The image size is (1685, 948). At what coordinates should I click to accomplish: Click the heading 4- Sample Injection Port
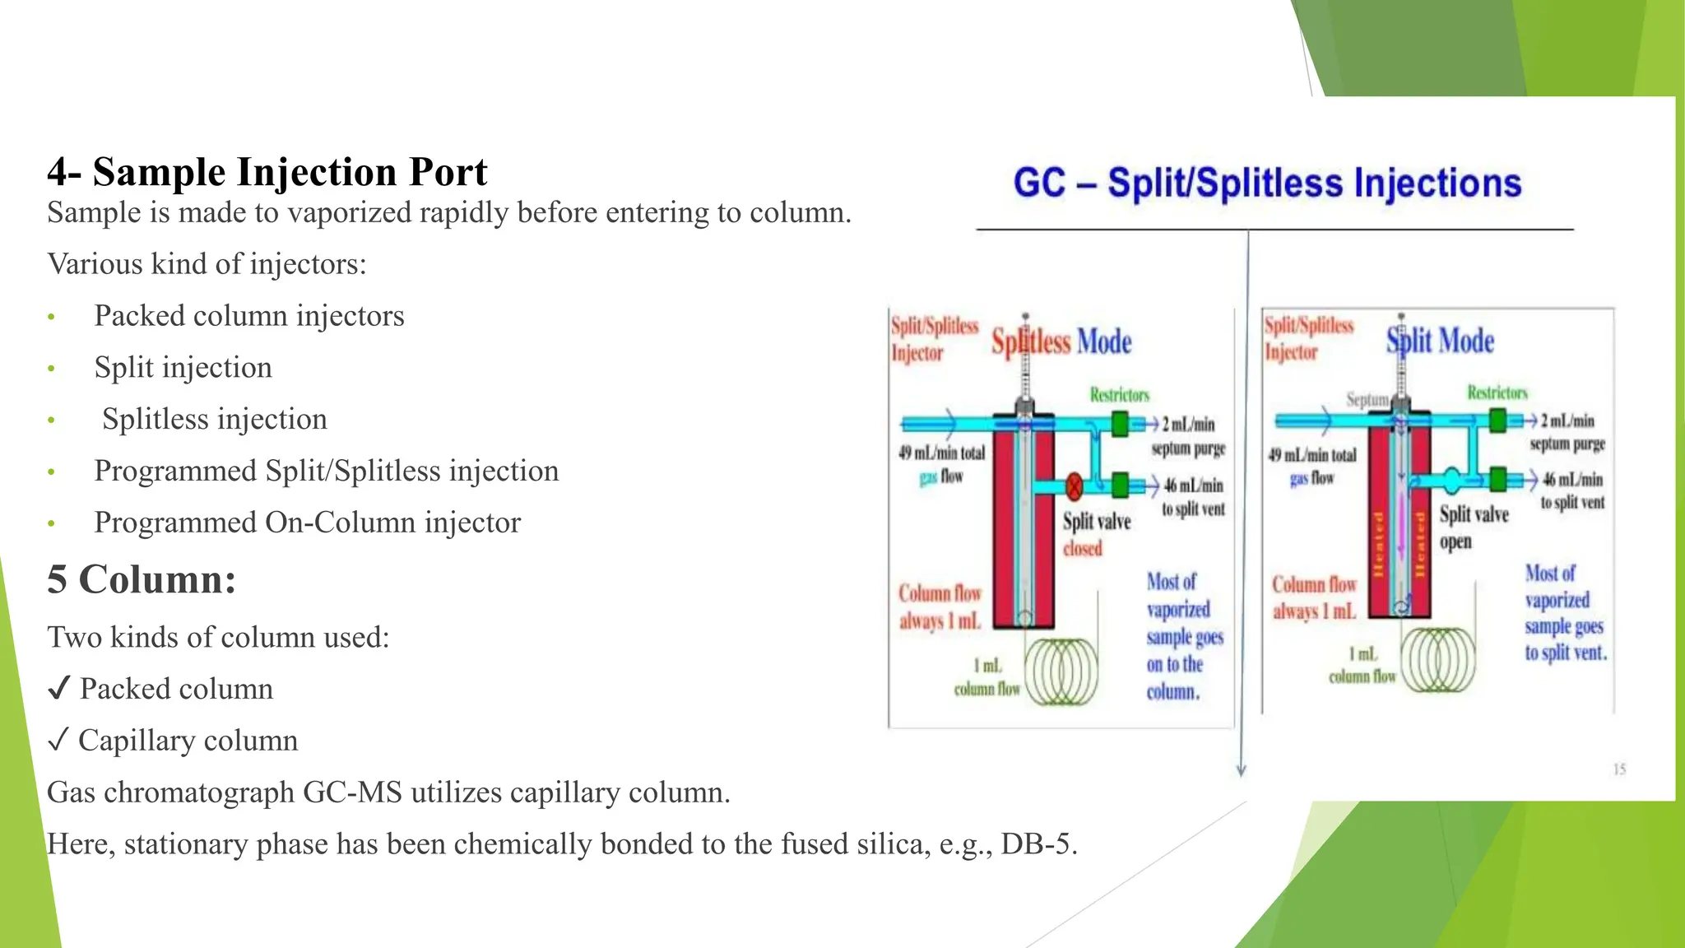point(267,172)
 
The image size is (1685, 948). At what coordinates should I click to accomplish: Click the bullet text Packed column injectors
point(248,316)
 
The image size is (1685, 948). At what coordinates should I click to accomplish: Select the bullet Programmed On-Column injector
point(307,523)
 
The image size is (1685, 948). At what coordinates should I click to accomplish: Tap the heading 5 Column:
point(142,579)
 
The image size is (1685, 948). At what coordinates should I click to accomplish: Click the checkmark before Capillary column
point(58,741)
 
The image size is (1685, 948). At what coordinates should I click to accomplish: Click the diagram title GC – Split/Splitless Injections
point(1266,183)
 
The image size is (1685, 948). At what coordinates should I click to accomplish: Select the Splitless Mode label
point(1061,342)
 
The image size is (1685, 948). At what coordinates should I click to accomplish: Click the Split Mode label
point(1440,341)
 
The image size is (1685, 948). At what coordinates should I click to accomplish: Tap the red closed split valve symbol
point(1074,486)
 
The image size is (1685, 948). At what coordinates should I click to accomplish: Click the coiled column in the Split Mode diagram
point(1439,659)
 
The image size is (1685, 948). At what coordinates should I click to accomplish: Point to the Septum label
point(1367,400)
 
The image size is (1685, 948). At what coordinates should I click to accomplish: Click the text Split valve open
point(1473,527)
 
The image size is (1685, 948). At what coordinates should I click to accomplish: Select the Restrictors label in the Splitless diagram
point(1119,395)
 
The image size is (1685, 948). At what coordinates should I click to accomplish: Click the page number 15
point(1618,769)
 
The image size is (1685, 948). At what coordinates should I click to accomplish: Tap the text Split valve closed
point(1096,534)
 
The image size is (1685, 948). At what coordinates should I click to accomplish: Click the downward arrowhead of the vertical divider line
point(1242,770)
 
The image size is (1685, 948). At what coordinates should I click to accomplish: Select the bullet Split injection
point(183,368)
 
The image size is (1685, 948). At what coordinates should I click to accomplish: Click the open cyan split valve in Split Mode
point(1452,480)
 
